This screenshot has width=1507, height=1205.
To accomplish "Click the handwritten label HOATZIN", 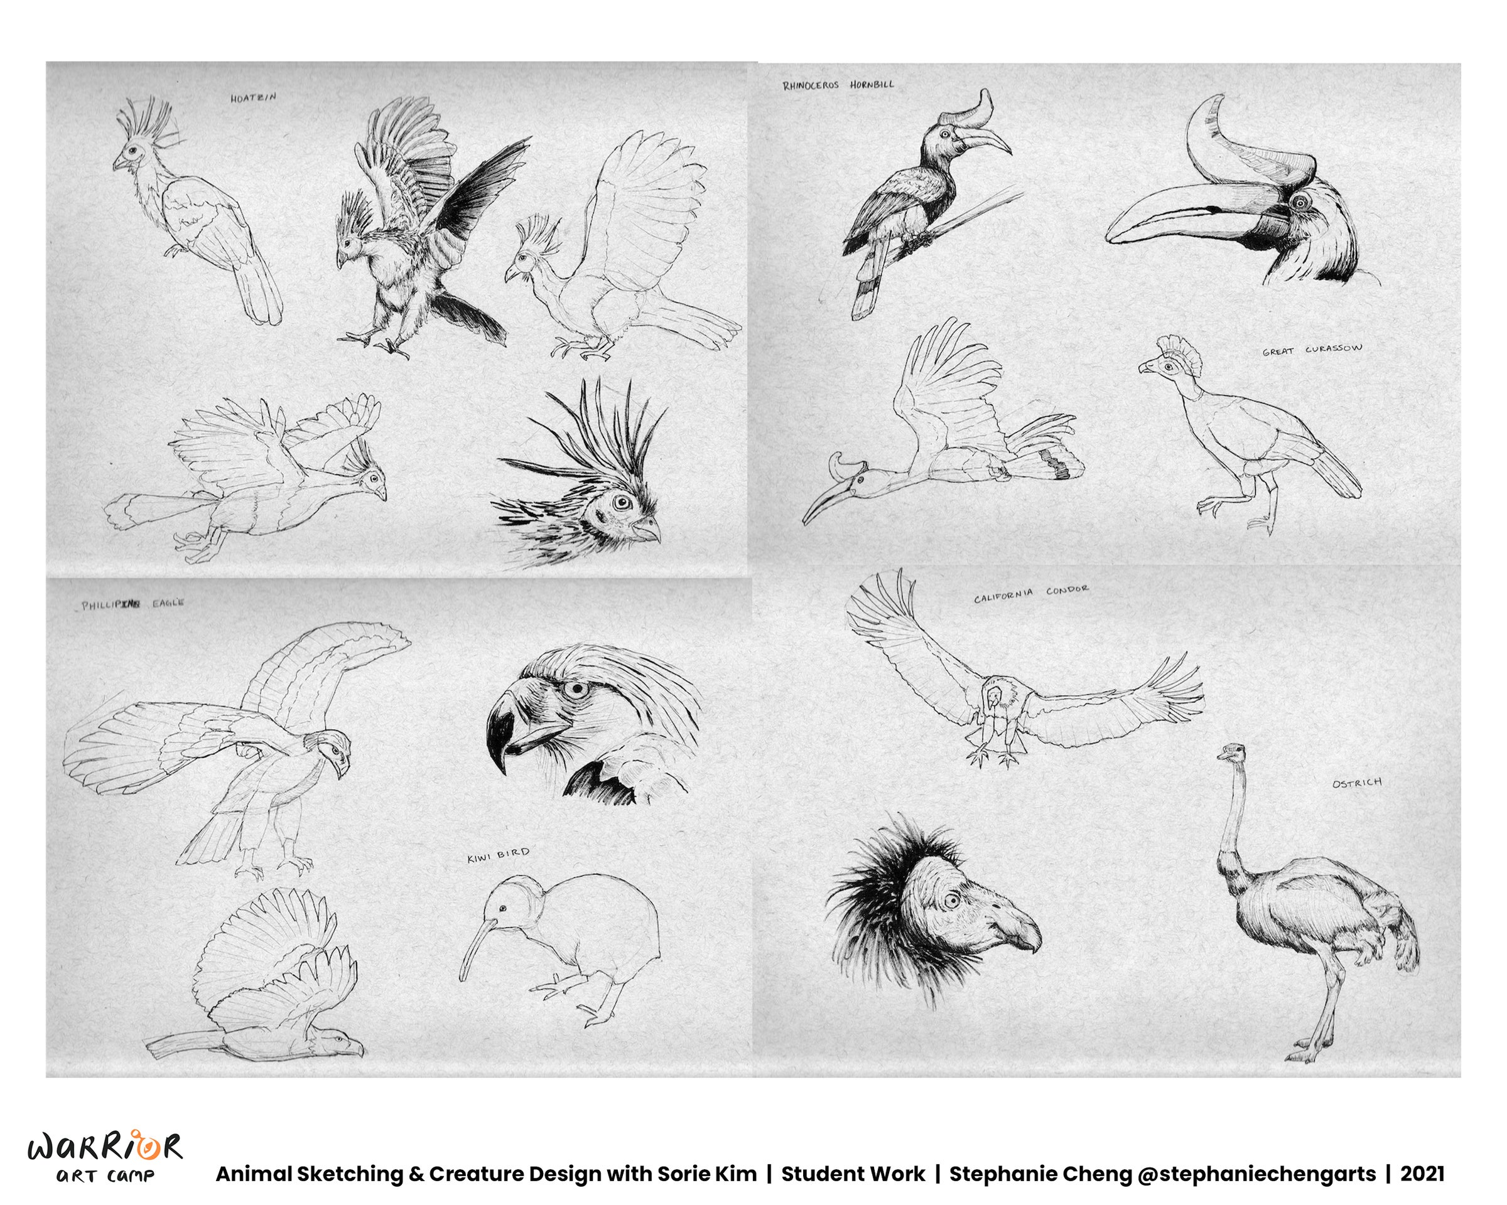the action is [253, 98].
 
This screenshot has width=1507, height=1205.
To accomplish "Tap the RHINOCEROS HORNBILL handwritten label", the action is [838, 85].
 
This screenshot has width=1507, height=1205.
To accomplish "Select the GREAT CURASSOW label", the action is [1312, 350].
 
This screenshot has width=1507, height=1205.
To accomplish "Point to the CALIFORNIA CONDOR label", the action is [1031, 594].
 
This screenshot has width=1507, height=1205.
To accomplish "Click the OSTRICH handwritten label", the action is [1357, 783].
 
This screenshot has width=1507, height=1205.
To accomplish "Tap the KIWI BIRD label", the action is [499, 855].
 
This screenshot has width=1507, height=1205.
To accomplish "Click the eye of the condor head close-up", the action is [951, 901].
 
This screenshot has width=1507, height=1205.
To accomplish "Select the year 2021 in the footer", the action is [1422, 1174].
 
